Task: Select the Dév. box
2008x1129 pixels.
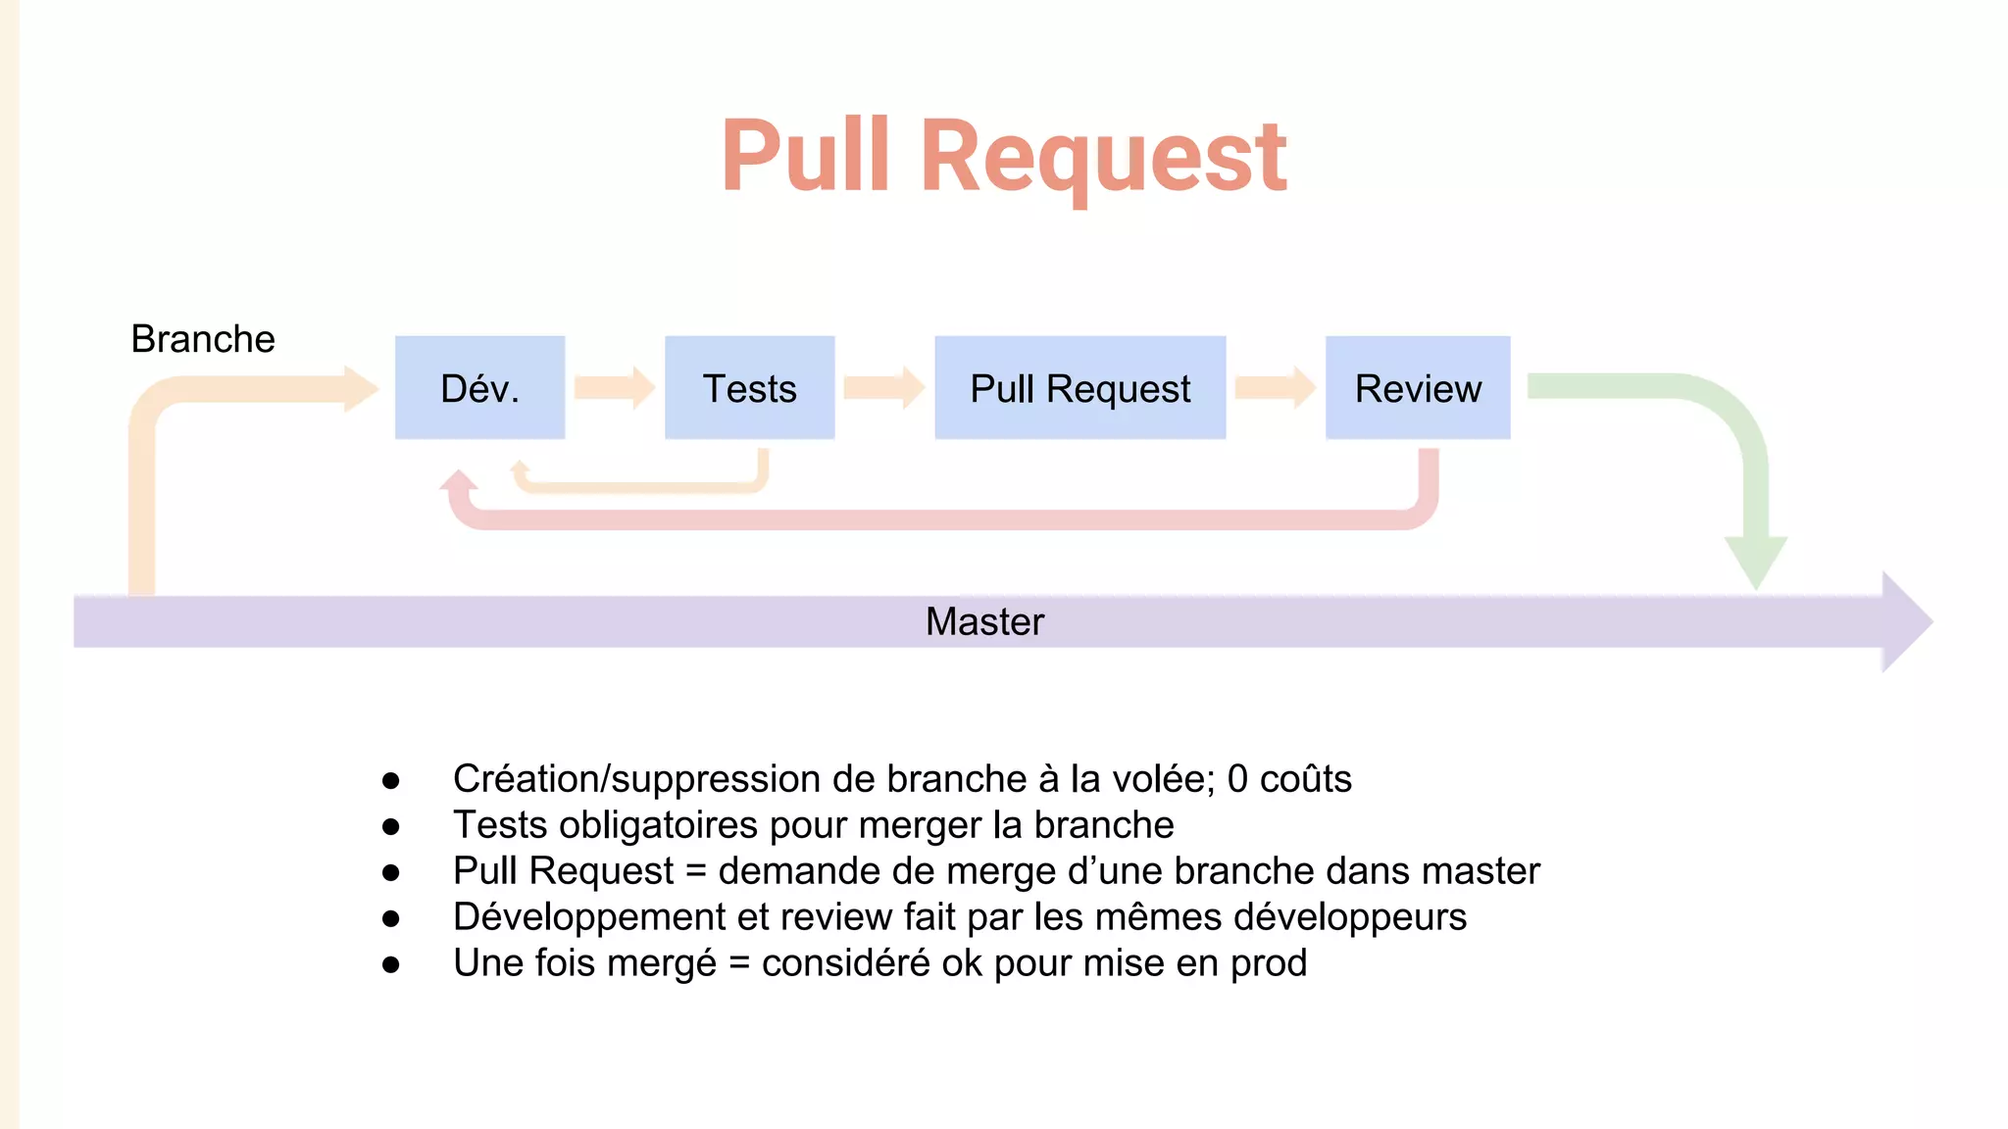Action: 479,388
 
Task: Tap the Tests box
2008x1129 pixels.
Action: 749,388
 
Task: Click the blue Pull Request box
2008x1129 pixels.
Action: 1079,388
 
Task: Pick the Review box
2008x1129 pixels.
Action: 1417,388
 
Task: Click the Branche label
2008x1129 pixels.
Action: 203,339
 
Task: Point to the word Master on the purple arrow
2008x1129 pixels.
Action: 984,621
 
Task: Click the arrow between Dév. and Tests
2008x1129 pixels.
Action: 614,388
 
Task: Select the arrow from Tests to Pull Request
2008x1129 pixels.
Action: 883,388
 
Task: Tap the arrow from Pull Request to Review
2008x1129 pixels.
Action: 1275,388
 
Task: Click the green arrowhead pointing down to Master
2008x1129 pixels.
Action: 1756,561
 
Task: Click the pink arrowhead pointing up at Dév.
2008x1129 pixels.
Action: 458,481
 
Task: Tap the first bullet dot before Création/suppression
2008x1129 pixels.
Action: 391,780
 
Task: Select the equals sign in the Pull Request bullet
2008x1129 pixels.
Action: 696,871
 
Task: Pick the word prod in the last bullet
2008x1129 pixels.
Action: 1269,963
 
